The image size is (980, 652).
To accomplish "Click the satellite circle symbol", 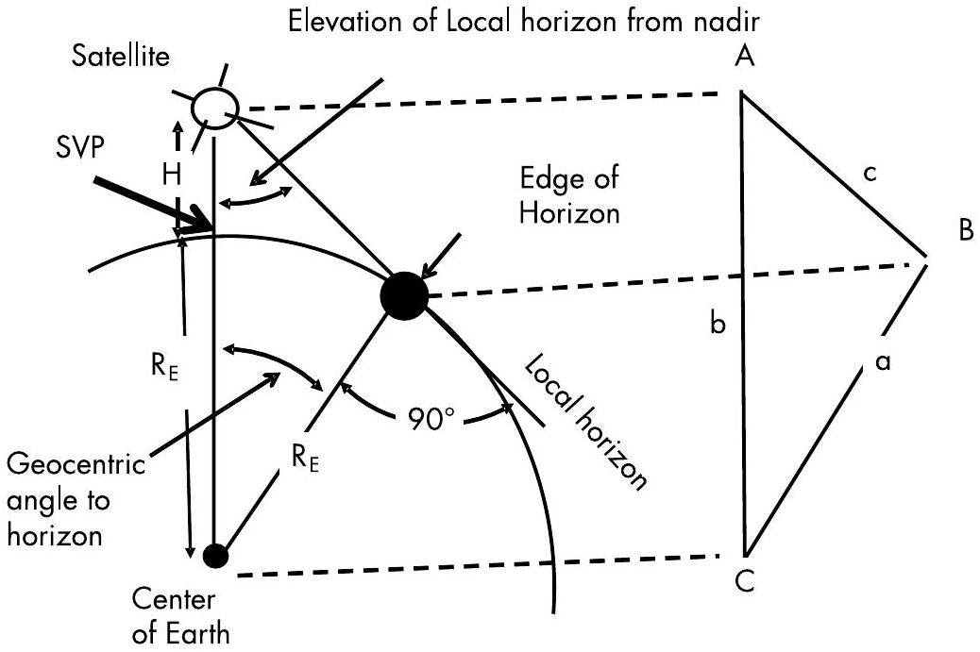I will coord(213,109).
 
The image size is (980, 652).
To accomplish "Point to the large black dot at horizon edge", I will coord(404,295).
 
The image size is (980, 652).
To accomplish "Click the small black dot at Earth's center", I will coord(216,556).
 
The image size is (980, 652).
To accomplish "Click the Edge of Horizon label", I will coord(569,196).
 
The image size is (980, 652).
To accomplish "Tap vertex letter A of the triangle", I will coord(744,59).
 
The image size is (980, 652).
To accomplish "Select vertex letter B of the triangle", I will coord(964,231).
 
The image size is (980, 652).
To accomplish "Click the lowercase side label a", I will coord(883,362).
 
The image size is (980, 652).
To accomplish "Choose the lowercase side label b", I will coord(718,326).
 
